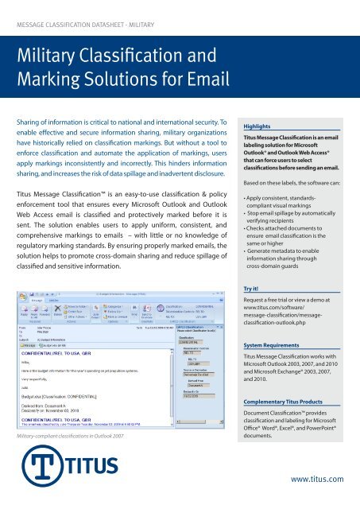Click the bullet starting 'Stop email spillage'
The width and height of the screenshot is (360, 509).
(298, 219)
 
